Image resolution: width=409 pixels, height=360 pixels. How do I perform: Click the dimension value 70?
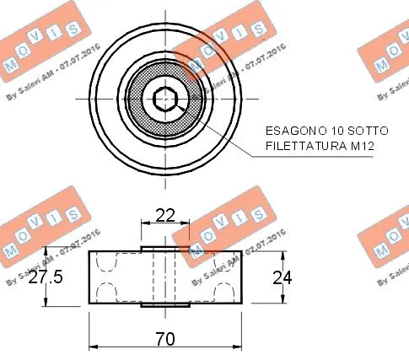point(165,339)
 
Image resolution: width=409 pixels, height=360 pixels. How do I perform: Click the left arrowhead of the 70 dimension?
point(93,346)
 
